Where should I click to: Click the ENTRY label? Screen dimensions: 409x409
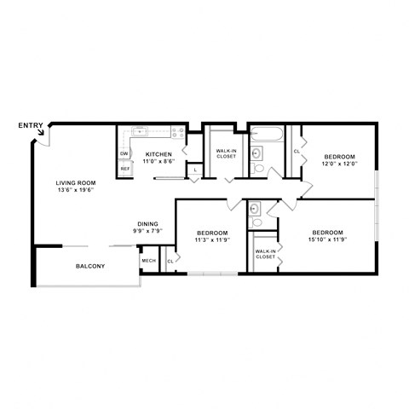coord(30,126)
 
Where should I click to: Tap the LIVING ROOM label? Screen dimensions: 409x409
coord(74,182)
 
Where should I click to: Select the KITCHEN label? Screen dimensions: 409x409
coord(158,154)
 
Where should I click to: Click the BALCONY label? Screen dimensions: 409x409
coord(89,267)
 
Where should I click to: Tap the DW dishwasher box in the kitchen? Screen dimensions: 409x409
coord(124,154)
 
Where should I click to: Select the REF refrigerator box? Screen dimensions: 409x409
coord(124,169)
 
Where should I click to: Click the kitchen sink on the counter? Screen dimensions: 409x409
coord(140,132)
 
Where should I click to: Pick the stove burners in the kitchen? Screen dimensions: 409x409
coord(178,133)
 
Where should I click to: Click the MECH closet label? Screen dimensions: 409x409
coord(148,261)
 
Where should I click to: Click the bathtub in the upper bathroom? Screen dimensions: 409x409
coord(266,134)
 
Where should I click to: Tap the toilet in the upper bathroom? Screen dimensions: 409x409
coord(258,168)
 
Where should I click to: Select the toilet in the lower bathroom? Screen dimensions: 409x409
coord(256,223)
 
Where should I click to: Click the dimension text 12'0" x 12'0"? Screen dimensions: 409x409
coord(338,165)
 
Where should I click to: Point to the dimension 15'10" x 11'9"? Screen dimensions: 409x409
coord(326,240)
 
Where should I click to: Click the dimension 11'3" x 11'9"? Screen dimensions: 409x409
coord(212,240)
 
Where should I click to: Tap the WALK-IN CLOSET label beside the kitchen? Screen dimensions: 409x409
coord(225,154)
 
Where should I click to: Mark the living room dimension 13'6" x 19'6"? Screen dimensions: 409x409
coord(74,190)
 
